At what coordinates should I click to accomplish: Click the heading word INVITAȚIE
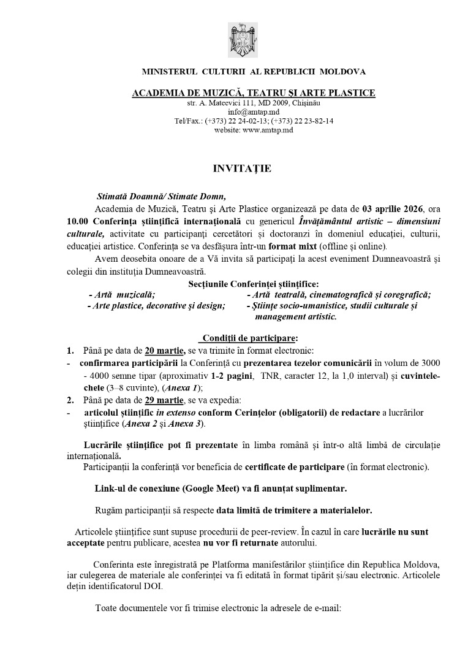coord(233,167)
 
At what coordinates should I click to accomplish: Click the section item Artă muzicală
coord(122,295)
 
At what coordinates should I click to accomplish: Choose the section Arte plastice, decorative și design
coord(156,306)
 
